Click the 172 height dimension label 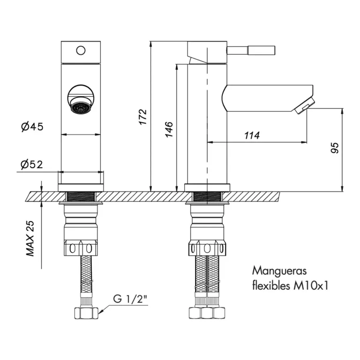click(143, 117)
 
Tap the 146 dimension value click(169, 130)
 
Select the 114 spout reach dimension click(252, 135)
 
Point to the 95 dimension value click(335, 148)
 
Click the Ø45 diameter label click(32, 126)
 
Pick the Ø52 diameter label click(32, 165)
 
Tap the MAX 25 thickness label click(30, 239)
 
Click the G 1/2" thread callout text click(130, 299)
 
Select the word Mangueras click(279, 271)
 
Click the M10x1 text click(311, 286)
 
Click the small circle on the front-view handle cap click(81, 51)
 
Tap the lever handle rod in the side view click(251, 51)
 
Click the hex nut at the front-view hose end click(86, 313)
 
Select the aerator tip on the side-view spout click(304, 106)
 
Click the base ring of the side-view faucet click(207, 187)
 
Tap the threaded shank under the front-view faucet click(81, 196)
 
